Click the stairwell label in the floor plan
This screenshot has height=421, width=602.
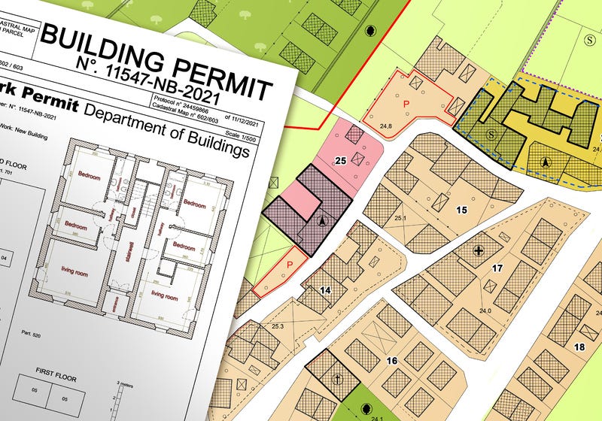(130, 256)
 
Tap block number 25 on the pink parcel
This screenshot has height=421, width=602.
(340, 161)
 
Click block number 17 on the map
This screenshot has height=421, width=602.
(497, 268)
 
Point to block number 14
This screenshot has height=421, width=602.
(325, 289)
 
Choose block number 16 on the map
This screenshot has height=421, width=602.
(391, 361)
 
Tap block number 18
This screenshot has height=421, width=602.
(579, 347)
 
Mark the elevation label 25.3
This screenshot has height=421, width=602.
(277, 326)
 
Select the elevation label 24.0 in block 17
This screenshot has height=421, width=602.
(485, 310)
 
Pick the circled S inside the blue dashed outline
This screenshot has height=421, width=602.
(491, 134)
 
